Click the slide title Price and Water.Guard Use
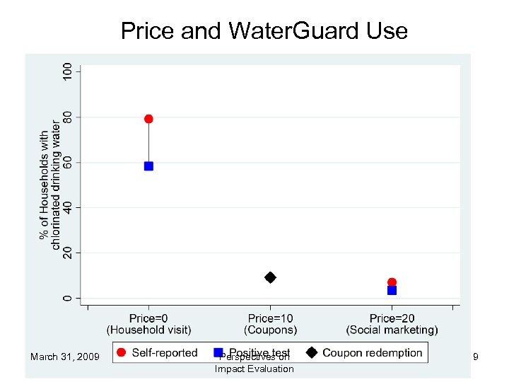[x=264, y=31]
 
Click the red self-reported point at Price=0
[x=148, y=119]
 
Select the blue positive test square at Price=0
[x=148, y=166]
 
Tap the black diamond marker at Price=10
[x=270, y=277]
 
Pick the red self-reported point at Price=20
[x=392, y=282]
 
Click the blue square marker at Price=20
[x=392, y=290]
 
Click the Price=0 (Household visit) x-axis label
[x=148, y=323]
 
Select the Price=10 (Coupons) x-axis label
[x=270, y=323]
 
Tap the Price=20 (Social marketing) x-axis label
[x=392, y=323]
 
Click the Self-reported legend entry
[x=157, y=352]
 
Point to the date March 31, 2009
[x=66, y=357]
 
